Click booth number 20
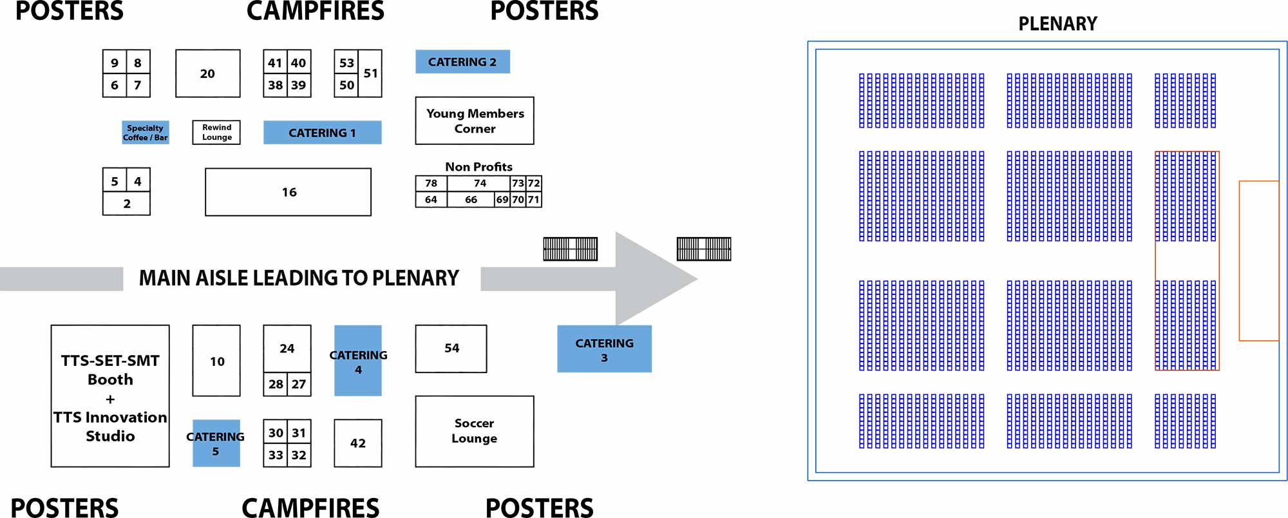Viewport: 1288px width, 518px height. (207, 73)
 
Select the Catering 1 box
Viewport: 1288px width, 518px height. (322, 132)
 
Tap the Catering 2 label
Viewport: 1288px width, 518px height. (462, 62)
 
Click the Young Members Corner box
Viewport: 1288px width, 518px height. (475, 120)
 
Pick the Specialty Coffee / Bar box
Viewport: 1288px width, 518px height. (146, 132)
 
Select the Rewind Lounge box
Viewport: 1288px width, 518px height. (216, 132)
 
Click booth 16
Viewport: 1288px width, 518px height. (288, 192)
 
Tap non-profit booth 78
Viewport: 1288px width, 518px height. (431, 183)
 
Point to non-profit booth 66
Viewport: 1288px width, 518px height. (471, 200)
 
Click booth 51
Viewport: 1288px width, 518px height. (370, 73)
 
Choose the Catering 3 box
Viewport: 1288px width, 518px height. (604, 349)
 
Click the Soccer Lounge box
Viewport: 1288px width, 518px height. (474, 431)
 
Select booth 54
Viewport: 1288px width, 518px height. (451, 349)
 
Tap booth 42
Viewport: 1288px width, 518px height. (357, 443)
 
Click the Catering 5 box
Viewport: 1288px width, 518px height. (216, 443)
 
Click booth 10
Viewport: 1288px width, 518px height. (216, 361)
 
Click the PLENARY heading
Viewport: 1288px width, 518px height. (1057, 24)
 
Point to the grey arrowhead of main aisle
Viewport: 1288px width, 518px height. (650, 278)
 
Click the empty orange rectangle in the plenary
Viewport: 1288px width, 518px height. (1258, 261)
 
